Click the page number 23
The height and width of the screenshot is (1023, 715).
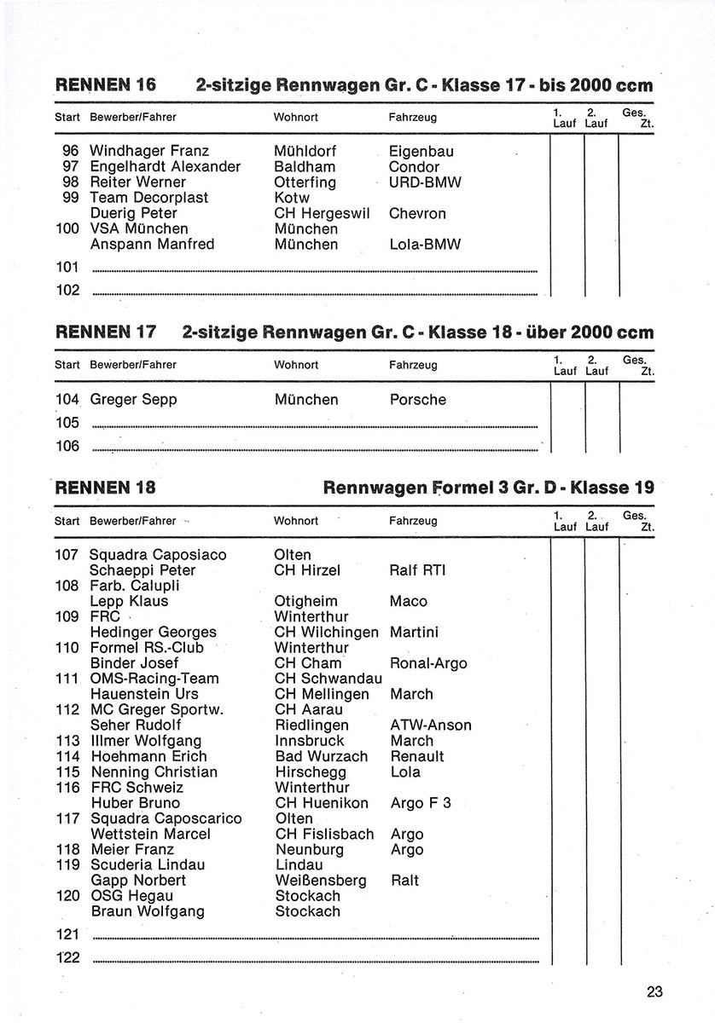point(654,991)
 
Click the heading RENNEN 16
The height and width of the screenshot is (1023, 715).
point(106,85)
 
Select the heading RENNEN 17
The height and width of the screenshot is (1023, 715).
point(106,332)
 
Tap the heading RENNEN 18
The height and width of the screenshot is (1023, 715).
point(106,488)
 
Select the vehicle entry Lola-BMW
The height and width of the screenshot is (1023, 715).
point(424,245)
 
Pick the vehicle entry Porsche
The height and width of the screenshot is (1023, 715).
point(417,399)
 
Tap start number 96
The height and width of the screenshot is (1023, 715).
point(71,151)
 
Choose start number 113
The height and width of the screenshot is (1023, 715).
point(67,741)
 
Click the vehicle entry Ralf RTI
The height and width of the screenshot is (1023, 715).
point(417,570)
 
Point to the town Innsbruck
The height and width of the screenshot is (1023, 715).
point(310,741)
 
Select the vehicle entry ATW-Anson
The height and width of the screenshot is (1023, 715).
point(430,725)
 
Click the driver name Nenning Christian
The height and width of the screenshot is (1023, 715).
point(154,772)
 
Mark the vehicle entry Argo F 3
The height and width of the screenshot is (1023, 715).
point(420,803)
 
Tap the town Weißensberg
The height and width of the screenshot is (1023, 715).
point(321,880)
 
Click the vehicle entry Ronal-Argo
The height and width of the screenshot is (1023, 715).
point(428,663)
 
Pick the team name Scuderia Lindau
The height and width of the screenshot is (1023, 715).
point(148,864)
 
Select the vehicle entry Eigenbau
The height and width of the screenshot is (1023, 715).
point(421,151)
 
